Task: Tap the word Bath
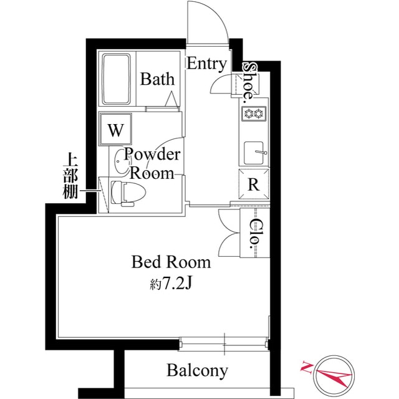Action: coord(157,79)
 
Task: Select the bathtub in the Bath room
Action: coord(117,79)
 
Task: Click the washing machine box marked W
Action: coord(115,130)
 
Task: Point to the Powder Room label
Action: coord(153,163)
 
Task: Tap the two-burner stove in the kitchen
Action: coord(254,113)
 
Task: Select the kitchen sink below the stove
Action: coord(254,152)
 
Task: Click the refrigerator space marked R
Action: coord(254,184)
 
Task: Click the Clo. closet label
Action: coord(256,234)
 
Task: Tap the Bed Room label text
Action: coord(171,262)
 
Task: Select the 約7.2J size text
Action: coord(170,284)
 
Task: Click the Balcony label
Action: coord(197,371)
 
